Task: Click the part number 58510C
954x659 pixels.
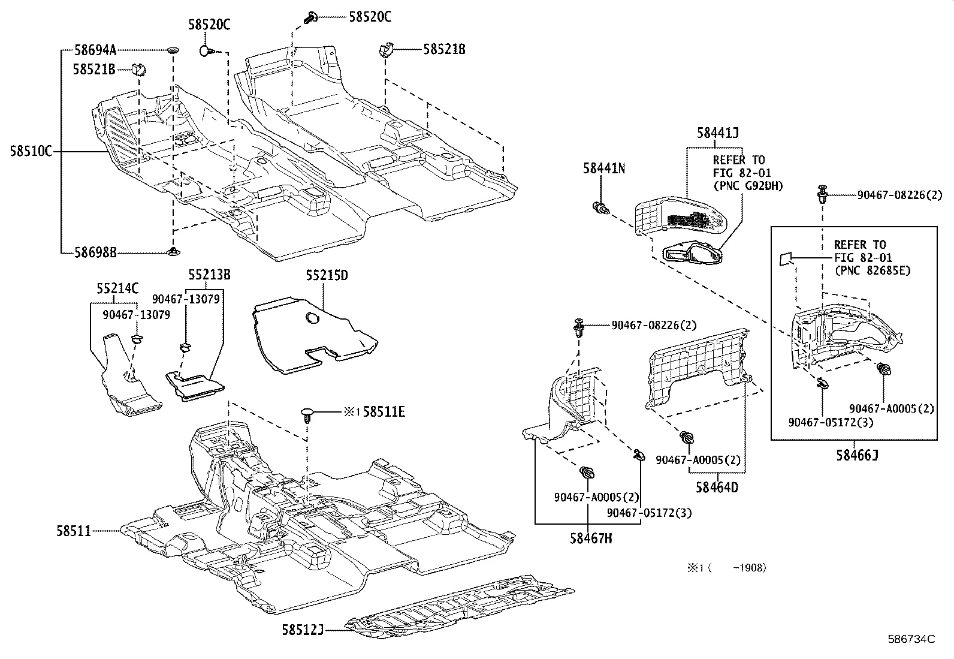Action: [x=31, y=152]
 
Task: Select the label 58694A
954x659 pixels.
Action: [x=95, y=51]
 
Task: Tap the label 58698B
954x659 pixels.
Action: [x=95, y=253]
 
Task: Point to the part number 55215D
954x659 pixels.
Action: [x=327, y=276]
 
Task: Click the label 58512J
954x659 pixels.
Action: [x=303, y=629]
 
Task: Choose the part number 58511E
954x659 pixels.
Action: [x=384, y=411]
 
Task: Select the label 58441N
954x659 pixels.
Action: [x=604, y=169]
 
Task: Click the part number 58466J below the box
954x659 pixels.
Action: [x=858, y=455]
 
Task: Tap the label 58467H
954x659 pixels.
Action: [x=591, y=538]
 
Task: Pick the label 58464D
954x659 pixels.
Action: [x=717, y=487]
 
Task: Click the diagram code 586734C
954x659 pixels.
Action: [x=911, y=639]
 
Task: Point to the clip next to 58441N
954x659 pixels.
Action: [x=601, y=209]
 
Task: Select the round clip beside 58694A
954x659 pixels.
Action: [x=173, y=50]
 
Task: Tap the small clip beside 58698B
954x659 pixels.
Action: [x=173, y=251]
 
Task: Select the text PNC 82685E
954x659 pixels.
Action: [x=872, y=270]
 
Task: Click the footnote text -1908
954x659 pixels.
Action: [x=749, y=567]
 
